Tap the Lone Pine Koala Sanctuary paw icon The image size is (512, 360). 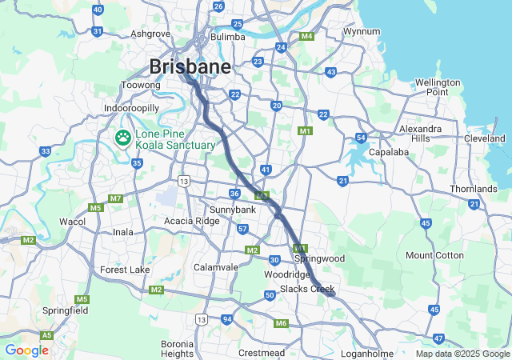click(123, 138)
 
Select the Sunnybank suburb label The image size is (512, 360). click(232, 209)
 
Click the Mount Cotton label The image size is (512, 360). click(434, 255)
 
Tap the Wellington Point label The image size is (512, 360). click(438, 87)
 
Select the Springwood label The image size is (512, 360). click(319, 258)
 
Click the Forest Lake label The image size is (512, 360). click(125, 270)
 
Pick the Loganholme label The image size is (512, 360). click(367, 353)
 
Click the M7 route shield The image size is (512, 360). click(116, 198)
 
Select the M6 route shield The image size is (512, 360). click(281, 323)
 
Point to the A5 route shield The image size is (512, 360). click(47, 335)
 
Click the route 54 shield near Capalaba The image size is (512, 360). click(362, 138)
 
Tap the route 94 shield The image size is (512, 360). click(228, 319)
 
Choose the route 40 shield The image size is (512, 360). click(98, 10)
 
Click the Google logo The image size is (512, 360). click(26, 350)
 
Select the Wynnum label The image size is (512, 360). click(361, 31)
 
